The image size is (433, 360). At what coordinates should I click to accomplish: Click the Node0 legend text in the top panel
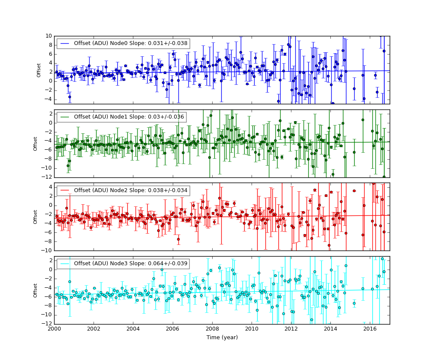(126, 44)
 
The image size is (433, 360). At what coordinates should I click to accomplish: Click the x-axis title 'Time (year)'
(222, 337)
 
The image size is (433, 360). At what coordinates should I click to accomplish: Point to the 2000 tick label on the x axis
(54, 329)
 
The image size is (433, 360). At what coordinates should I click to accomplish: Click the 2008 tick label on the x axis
(212, 329)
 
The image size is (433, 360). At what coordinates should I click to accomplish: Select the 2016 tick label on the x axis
(370, 329)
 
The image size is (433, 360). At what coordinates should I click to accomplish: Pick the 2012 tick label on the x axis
(291, 329)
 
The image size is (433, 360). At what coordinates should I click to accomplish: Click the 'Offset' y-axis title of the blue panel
(39, 70)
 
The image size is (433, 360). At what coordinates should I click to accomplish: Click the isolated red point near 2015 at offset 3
(354, 191)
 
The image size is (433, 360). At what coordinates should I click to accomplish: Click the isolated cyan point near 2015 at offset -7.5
(354, 303)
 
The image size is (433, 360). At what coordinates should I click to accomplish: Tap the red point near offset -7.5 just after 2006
(178, 239)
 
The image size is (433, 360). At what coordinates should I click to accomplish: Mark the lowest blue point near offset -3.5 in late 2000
(70, 97)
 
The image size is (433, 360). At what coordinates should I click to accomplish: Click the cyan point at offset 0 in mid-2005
(162, 270)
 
